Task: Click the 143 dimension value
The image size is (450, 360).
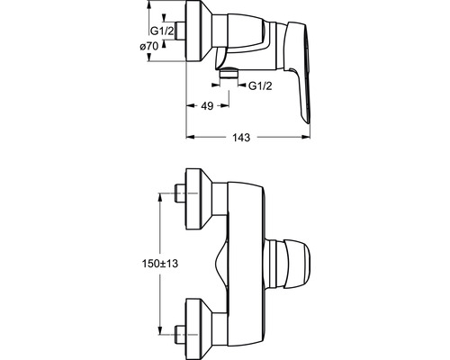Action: point(241,138)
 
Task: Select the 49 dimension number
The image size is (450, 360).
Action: point(207,105)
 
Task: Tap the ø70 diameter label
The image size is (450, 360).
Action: point(149,47)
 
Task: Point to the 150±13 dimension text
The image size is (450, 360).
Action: point(160,264)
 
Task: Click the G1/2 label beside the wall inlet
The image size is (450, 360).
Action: point(162,31)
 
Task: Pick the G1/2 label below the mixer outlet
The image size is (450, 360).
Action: point(260,86)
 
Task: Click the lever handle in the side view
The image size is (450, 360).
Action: point(298,69)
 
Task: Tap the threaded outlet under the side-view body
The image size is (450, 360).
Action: point(229,73)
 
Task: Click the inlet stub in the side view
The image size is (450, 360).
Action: point(181,31)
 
